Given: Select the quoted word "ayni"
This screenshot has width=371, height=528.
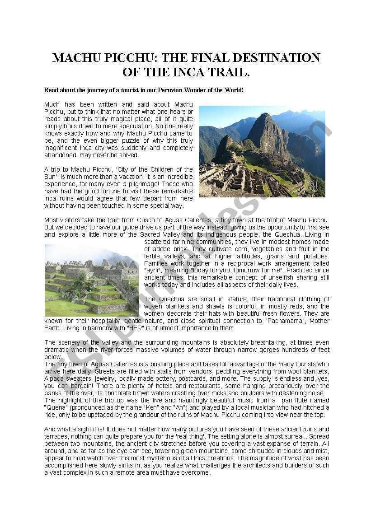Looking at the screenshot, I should click(x=153, y=271).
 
